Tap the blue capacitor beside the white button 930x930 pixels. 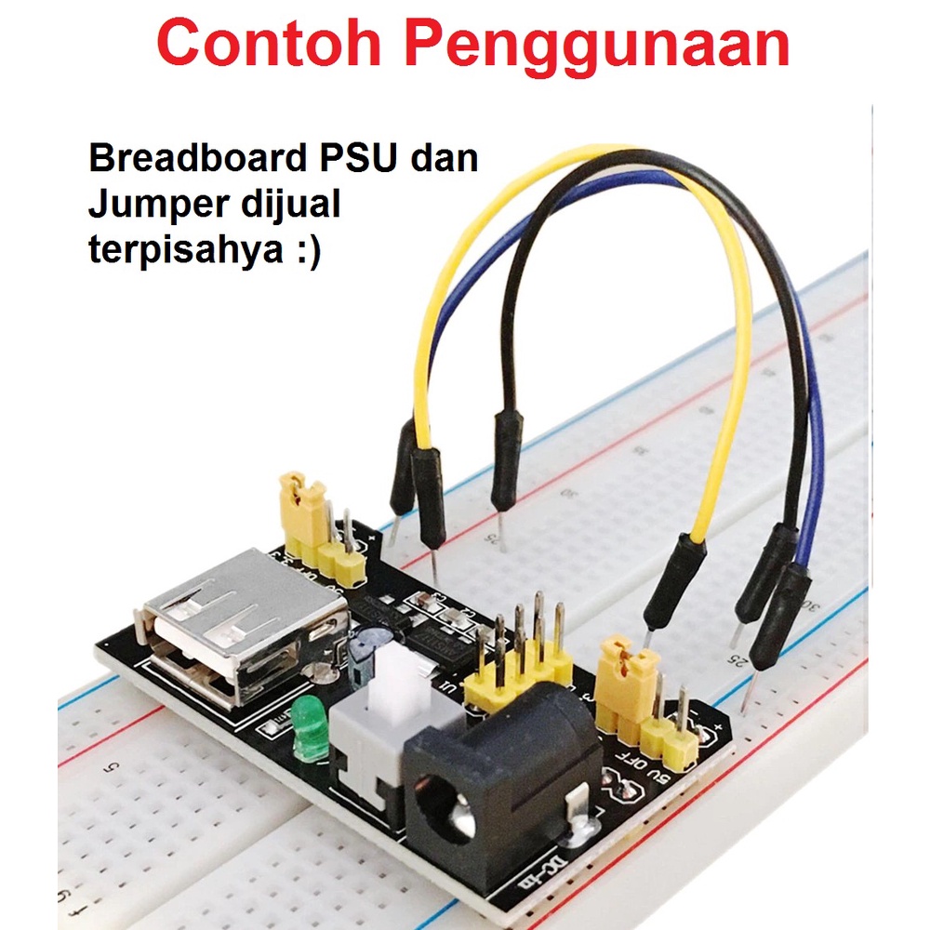[365, 646]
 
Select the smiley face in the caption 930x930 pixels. [309, 253]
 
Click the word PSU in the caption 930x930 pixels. [358, 158]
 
